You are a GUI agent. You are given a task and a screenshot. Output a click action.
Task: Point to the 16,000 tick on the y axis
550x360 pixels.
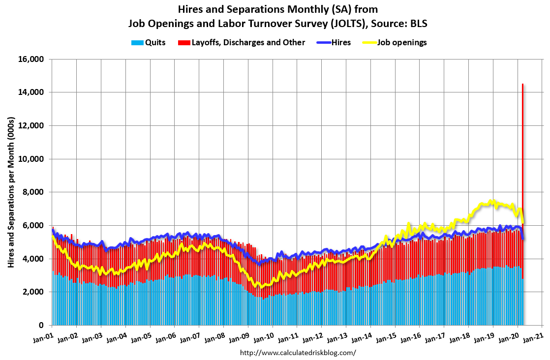click(31, 60)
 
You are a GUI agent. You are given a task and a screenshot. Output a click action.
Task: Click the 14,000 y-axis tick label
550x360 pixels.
click(31, 92)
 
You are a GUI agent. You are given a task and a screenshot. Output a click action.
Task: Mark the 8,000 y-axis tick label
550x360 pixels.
click(33, 192)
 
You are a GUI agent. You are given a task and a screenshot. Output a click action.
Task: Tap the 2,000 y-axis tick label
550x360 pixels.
click(33, 292)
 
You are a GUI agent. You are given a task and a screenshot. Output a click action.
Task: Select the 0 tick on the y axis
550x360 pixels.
click(42, 326)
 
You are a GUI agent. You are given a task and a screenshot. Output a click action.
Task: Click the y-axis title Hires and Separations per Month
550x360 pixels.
click(11, 192)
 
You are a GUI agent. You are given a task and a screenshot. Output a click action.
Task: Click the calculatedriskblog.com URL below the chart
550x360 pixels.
click(298, 353)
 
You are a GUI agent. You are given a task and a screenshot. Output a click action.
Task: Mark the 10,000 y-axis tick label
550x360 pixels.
click(31, 159)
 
